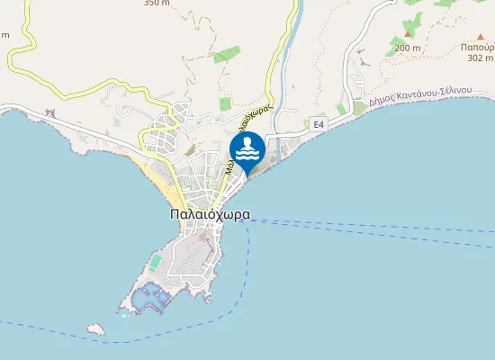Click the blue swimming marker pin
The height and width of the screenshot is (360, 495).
pos(247,149)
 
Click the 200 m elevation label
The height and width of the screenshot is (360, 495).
pos(407,48)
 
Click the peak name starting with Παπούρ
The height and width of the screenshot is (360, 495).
pos(477,45)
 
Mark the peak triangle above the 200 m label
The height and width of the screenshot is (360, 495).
pos(407,34)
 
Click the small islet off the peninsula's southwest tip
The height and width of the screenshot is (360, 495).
pos(96,329)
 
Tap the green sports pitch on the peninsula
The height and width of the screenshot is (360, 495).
pos(156,262)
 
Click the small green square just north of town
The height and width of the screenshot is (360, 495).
pos(224,104)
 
